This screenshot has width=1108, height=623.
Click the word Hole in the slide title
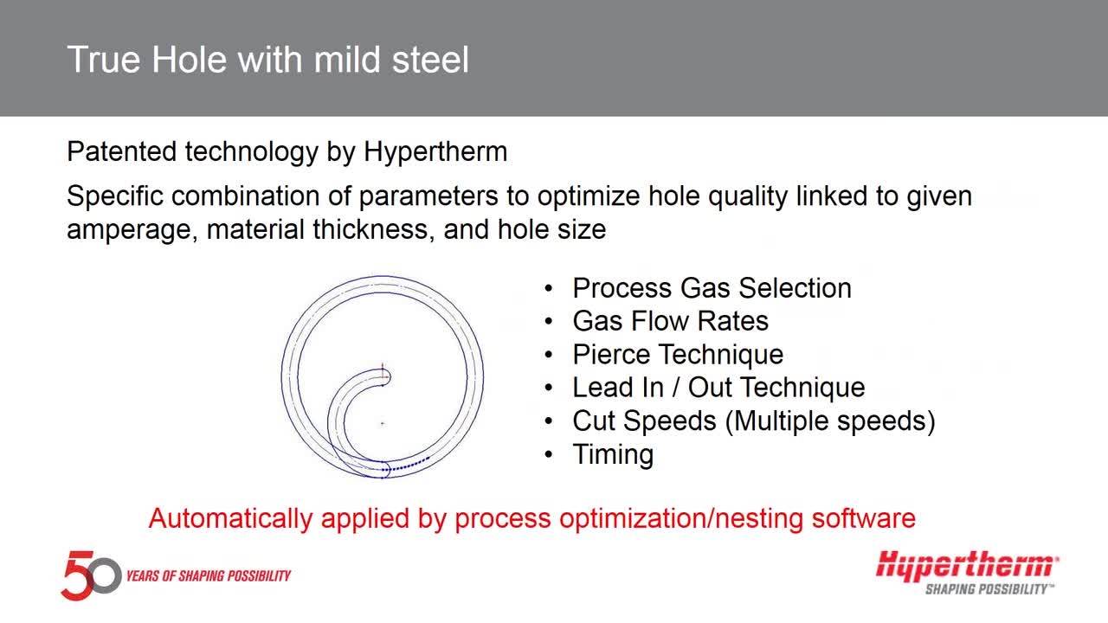pyautogui.click(x=190, y=60)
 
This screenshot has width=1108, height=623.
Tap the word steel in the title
pyautogui.click(x=430, y=60)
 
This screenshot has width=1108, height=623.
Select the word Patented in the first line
pyautogui.click(x=122, y=151)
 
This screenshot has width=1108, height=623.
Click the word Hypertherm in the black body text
pyautogui.click(x=435, y=151)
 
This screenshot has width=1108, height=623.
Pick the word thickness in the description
pyautogui.click(x=370, y=229)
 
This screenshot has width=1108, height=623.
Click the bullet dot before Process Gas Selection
pyautogui.click(x=548, y=288)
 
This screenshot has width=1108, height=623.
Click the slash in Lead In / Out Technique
pyautogui.click(x=676, y=387)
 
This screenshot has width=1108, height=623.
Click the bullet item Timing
pyautogui.click(x=613, y=454)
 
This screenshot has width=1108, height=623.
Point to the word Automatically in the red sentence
pyautogui.click(x=229, y=518)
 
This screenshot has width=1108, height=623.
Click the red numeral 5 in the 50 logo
pyautogui.click(x=78, y=575)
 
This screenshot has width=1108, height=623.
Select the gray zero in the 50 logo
pyautogui.click(x=105, y=576)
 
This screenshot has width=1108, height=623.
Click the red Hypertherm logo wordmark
pyautogui.click(x=967, y=566)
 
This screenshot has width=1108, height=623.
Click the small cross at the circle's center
pyautogui.click(x=383, y=424)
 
